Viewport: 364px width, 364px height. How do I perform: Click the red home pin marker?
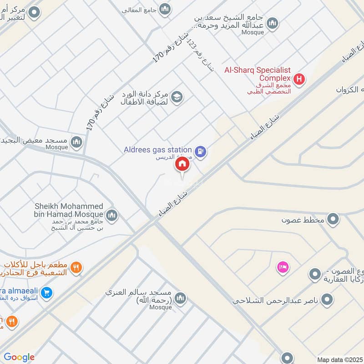182,165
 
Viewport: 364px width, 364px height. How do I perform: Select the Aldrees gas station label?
157,150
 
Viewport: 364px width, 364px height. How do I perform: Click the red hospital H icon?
299,79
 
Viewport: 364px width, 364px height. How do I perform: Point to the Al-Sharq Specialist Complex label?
258,74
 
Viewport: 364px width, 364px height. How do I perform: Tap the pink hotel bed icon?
283,268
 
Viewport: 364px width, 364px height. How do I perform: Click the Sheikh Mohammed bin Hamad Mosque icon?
112,215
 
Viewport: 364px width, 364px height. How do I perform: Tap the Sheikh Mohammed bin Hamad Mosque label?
69,210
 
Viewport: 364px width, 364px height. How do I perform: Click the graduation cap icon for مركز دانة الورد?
177,96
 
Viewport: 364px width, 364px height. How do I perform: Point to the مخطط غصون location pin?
334,219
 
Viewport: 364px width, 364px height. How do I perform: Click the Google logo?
19,357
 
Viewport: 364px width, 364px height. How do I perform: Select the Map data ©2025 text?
340,359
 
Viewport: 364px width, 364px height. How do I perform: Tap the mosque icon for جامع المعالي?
165,9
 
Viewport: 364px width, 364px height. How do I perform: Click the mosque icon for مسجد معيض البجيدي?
76,142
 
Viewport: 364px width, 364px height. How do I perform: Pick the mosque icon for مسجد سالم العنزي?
181,298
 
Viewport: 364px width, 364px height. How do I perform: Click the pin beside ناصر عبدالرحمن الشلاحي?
327,299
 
